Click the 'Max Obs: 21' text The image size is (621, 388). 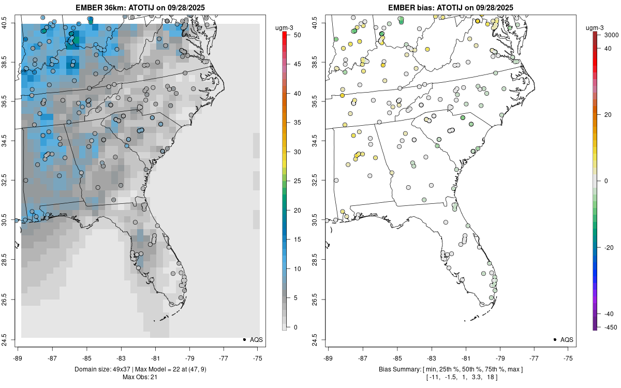point(140,377)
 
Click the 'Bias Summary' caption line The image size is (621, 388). point(450,369)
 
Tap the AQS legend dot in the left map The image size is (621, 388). point(244,339)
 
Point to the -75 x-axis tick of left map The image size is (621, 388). point(258,357)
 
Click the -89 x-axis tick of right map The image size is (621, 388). point(328,357)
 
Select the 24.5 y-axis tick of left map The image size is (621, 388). point(11,339)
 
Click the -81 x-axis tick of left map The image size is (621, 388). point(155,357)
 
